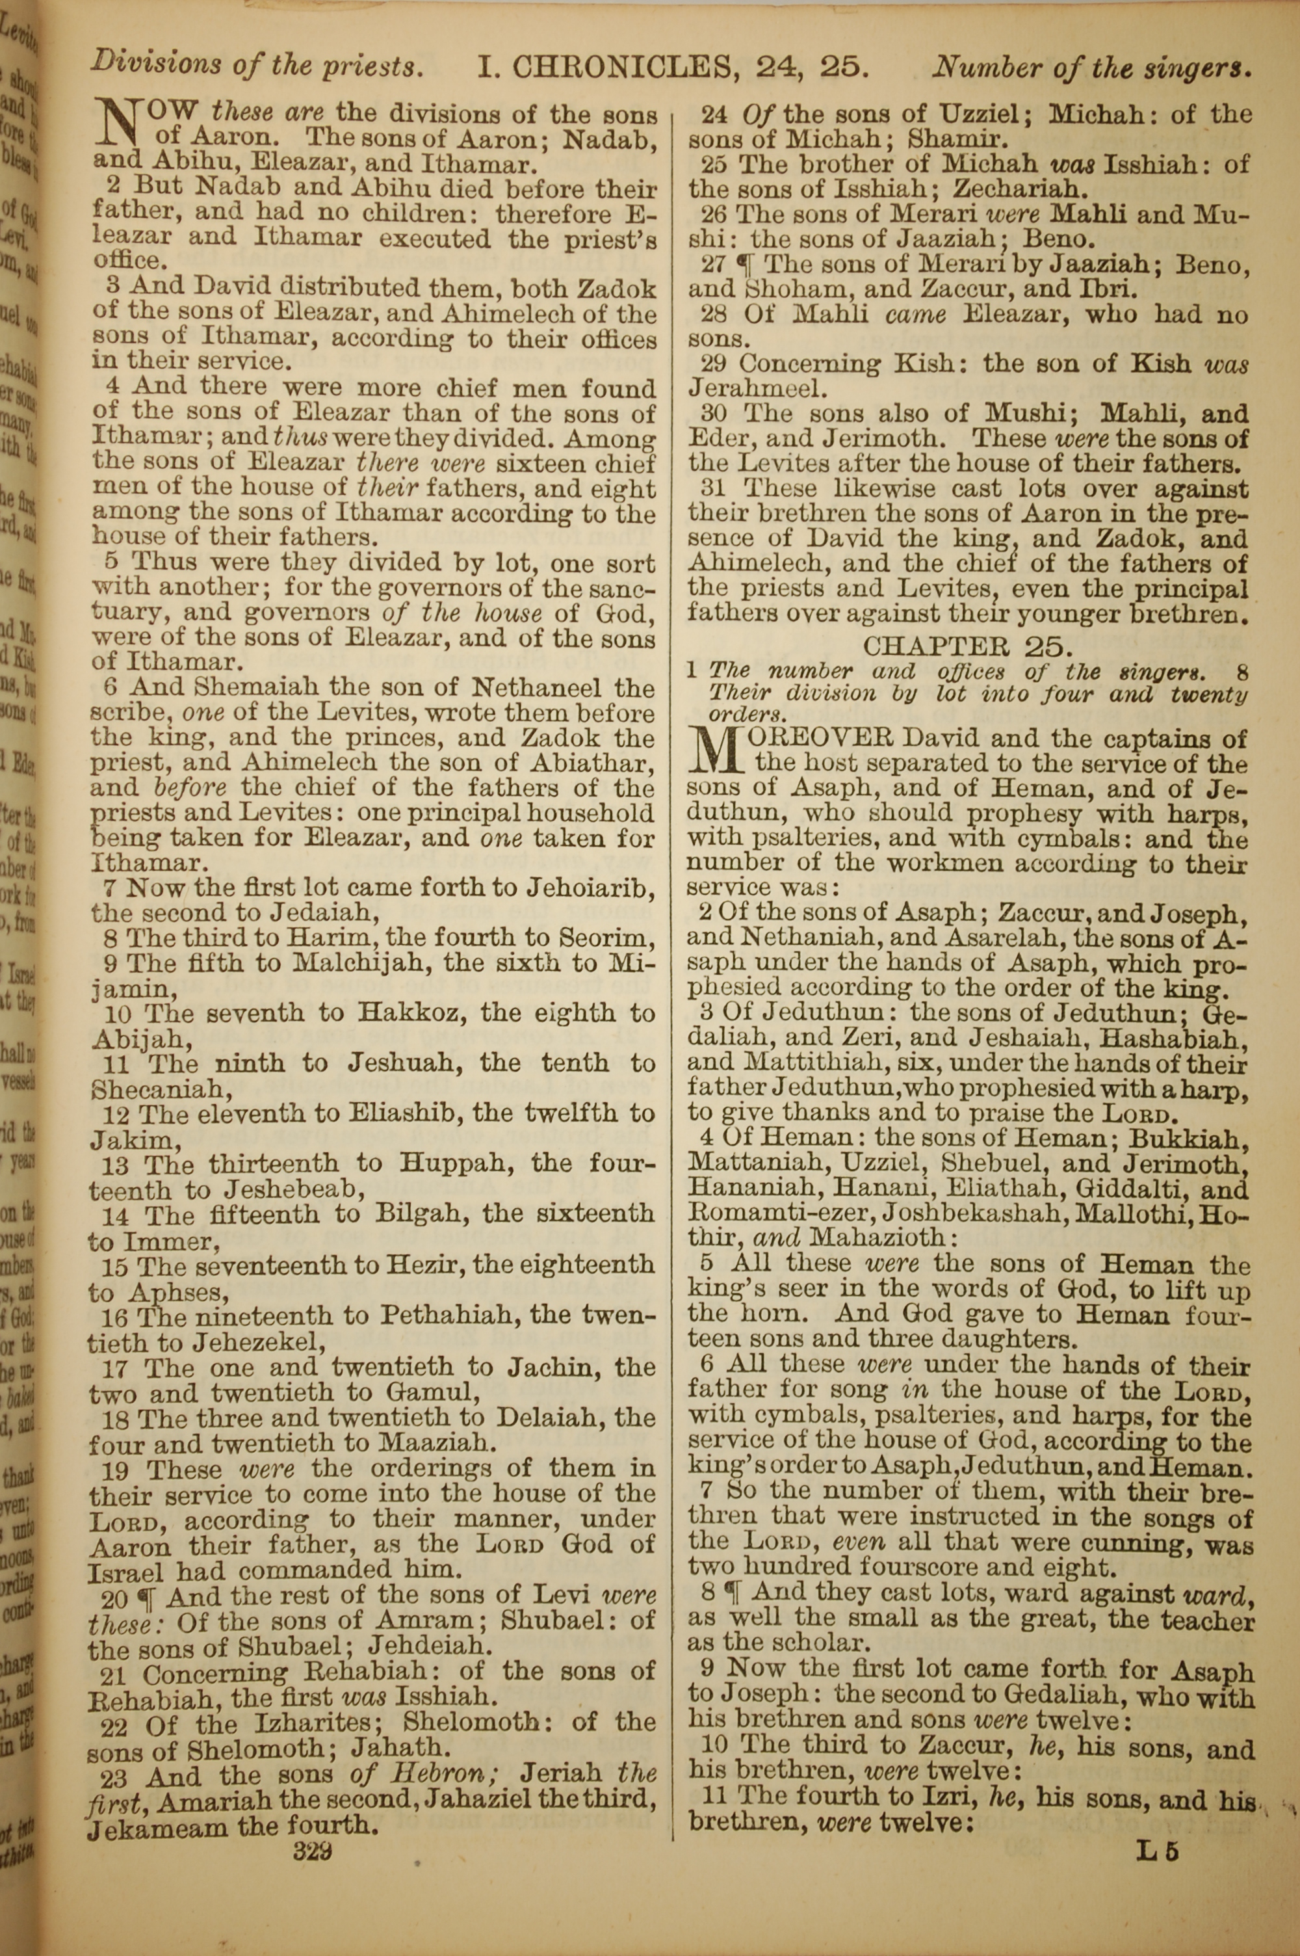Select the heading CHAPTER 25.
(x=968, y=645)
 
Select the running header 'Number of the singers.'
(x=1091, y=66)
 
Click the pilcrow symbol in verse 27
(x=744, y=265)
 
